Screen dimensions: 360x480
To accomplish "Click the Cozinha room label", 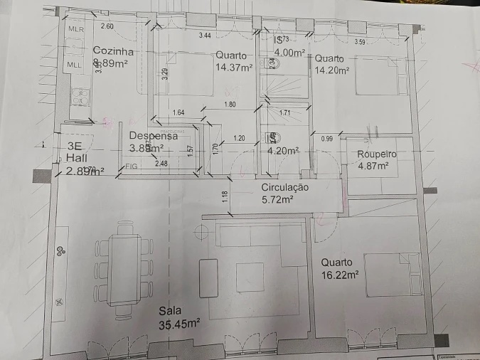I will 113,51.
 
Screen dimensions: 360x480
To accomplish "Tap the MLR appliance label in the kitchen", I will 75,29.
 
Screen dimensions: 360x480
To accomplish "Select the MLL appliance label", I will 75,65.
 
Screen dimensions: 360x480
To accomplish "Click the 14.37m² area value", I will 234,68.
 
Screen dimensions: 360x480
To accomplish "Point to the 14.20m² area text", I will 332,70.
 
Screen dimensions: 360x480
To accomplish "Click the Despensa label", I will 153,136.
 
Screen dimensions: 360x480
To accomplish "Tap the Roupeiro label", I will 376,154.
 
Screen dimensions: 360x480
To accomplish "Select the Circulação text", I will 285,188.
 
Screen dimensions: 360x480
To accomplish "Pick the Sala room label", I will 170,311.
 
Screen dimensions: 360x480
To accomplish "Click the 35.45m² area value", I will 179,324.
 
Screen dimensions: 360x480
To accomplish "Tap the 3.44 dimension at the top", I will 206,35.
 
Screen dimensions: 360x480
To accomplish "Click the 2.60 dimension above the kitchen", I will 107,26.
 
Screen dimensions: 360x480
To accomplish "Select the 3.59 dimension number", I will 360,42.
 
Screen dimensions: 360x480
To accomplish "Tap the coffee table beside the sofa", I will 208,277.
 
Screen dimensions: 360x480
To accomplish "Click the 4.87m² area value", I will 373,166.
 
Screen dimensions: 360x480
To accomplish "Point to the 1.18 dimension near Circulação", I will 225,196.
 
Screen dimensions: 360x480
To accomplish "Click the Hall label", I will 76,159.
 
